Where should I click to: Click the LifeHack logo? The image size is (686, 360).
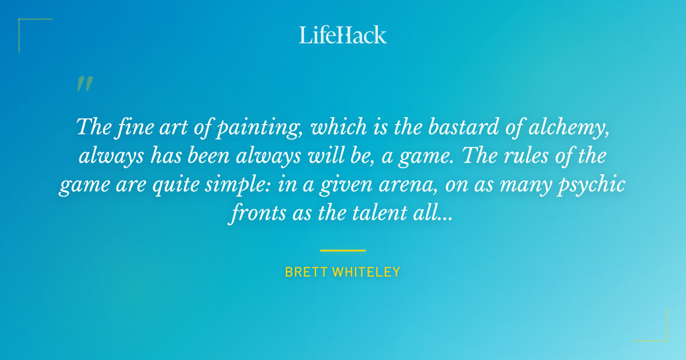tap(343, 35)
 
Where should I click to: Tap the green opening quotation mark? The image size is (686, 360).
tap(85, 85)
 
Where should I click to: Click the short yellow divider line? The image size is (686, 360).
tap(343, 250)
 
